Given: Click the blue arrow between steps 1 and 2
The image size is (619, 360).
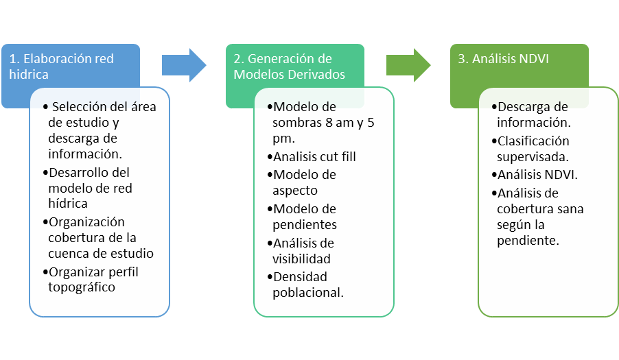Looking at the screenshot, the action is (184, 65).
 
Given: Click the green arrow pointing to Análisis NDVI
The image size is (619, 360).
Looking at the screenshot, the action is (408, 65).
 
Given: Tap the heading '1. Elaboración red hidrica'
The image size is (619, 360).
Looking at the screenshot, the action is (61, 67).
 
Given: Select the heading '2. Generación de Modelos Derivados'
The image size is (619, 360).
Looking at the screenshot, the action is (289, 67).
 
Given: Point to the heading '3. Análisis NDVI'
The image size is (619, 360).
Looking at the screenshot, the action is (503, 59).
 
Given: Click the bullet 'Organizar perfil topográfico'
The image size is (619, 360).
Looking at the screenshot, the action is (91, 280).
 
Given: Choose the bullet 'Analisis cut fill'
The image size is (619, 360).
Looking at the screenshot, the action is (312, 156).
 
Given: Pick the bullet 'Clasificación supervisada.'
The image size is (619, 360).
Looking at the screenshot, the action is (530, 149).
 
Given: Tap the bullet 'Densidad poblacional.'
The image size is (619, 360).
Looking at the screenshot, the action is (305, 285).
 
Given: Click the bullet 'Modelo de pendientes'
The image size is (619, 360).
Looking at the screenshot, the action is (302, 217).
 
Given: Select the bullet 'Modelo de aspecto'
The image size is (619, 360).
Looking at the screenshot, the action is (301, 182).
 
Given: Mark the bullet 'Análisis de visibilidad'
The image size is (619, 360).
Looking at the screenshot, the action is (301, 251).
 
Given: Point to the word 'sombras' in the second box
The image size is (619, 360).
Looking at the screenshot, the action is (297, 123).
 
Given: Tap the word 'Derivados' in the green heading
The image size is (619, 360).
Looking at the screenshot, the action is (318, 74).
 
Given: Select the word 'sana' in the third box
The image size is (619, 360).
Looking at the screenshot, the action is (570, 209).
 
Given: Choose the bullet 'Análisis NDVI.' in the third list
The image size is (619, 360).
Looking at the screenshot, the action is (535, 174).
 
